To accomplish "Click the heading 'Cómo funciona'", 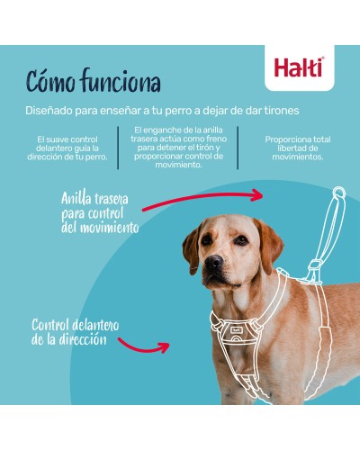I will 93,83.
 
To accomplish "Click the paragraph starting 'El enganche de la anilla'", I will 177,148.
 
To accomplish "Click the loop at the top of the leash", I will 338,194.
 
